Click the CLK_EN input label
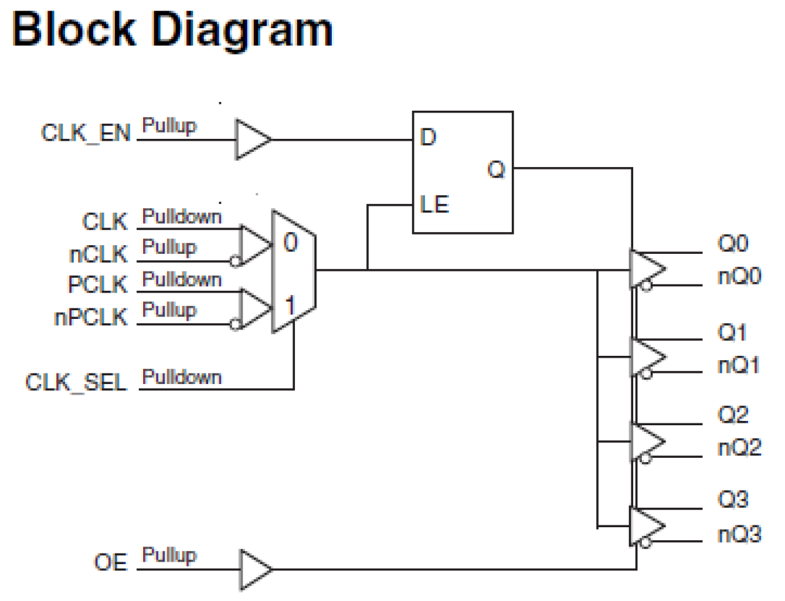click(x=86, y=133)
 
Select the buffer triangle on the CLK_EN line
click(x=251, y=139)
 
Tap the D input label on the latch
click(x=428, y=137)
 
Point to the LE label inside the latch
click(x=434, y=205)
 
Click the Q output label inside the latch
click(x=496, y=169)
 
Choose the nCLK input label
click(x=98, y=255)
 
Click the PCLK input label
click(x=97, y=285)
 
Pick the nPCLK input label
click(x=91, y=317)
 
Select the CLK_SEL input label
click(x=76, y=382)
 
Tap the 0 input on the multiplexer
click(x=291, y=243)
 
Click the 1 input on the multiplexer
click(x=290, y=306)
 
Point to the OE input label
click(x=111, y=562)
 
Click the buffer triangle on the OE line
click(x=255, y=570)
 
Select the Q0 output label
click(x=732, y=243)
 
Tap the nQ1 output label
click(x=739, y=365)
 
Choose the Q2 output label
click(x=732, y=415)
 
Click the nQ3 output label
click(x=739, y=534)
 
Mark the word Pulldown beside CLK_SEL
click(x=182, y=377)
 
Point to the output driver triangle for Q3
click(x=646, y=526)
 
